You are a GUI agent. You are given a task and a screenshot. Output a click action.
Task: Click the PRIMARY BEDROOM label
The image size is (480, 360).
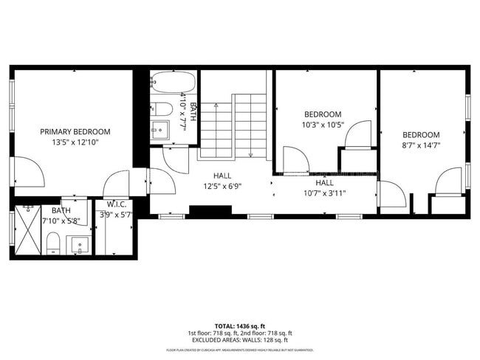(75, 131)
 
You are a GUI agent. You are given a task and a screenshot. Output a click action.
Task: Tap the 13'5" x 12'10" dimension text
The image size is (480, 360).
(75, 142)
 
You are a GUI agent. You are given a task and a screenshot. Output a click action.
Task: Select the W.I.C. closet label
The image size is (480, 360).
(117, 204)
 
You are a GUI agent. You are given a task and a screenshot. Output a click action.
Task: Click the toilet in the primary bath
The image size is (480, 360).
(52, 243)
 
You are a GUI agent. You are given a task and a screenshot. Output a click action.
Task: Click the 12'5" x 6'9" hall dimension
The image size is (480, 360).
(223, 186)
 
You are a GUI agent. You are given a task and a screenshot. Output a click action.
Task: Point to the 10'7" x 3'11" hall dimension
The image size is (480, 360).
(325, 193)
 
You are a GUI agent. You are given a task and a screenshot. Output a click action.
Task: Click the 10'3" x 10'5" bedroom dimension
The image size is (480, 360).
(323, 125)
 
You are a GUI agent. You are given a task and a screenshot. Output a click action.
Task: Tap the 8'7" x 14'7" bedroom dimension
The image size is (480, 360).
(421, 145)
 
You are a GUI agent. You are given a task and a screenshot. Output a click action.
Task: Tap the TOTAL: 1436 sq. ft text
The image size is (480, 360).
(240, 325)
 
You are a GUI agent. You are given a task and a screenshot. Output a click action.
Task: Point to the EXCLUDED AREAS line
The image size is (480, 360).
(240, 340)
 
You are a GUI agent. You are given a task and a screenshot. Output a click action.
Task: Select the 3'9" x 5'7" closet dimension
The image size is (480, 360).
(115, 215)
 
